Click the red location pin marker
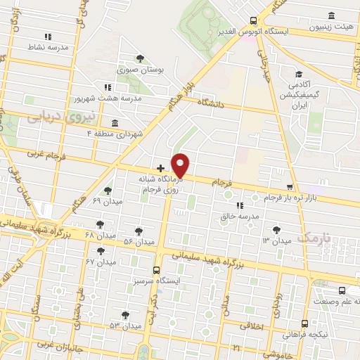coord(181,165)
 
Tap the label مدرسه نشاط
coord(47,46)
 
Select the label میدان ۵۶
coord(139,241)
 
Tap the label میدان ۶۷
coord(101,262)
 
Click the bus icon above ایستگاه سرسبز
coord(157,269)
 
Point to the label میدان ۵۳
coord(124,326)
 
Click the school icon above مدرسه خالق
coord(240,205)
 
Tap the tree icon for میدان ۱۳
coord(276,229)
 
